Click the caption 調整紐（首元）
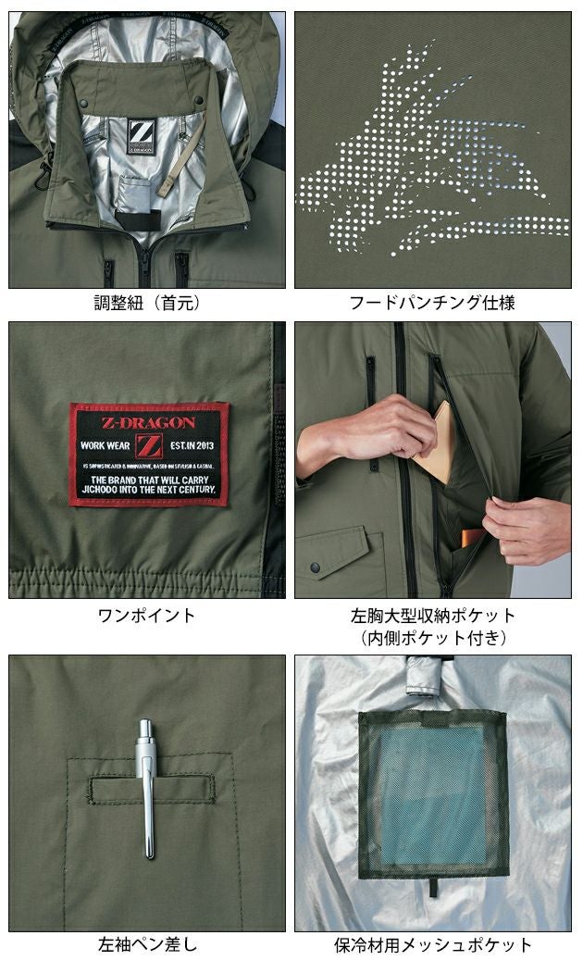click(148, 303)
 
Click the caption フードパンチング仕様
click(433, 303)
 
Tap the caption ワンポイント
click(147, 615)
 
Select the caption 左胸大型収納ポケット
click(433, 615)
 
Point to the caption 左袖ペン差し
click(147, 945)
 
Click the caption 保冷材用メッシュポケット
click(433, 945)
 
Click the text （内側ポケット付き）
click(433, 637)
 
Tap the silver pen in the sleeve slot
click(147, 787)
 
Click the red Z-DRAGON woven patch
click(148, 455)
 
